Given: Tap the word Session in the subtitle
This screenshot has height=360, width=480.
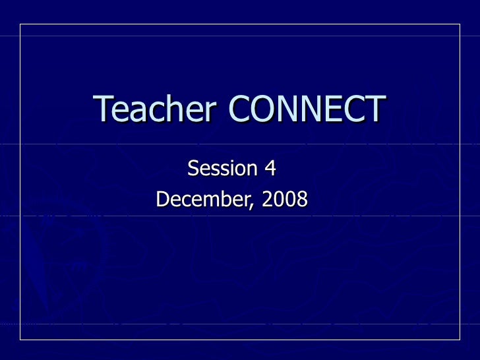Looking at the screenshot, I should [222, 169].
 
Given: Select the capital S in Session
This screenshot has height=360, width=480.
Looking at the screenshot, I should [193, 169].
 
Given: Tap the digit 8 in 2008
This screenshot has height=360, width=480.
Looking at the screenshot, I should [302, 198].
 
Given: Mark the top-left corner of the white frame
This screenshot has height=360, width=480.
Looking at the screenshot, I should [20, 24].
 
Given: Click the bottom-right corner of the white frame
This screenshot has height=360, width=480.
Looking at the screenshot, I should [460, 339].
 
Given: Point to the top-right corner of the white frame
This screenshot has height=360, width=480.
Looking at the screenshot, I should [460, 24].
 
